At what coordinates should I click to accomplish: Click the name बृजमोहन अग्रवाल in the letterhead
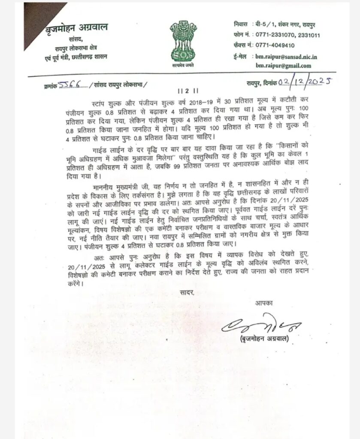[77, 28]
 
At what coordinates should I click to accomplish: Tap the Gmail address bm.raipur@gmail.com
[284, 66]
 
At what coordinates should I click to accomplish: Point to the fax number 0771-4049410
[275, 45]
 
